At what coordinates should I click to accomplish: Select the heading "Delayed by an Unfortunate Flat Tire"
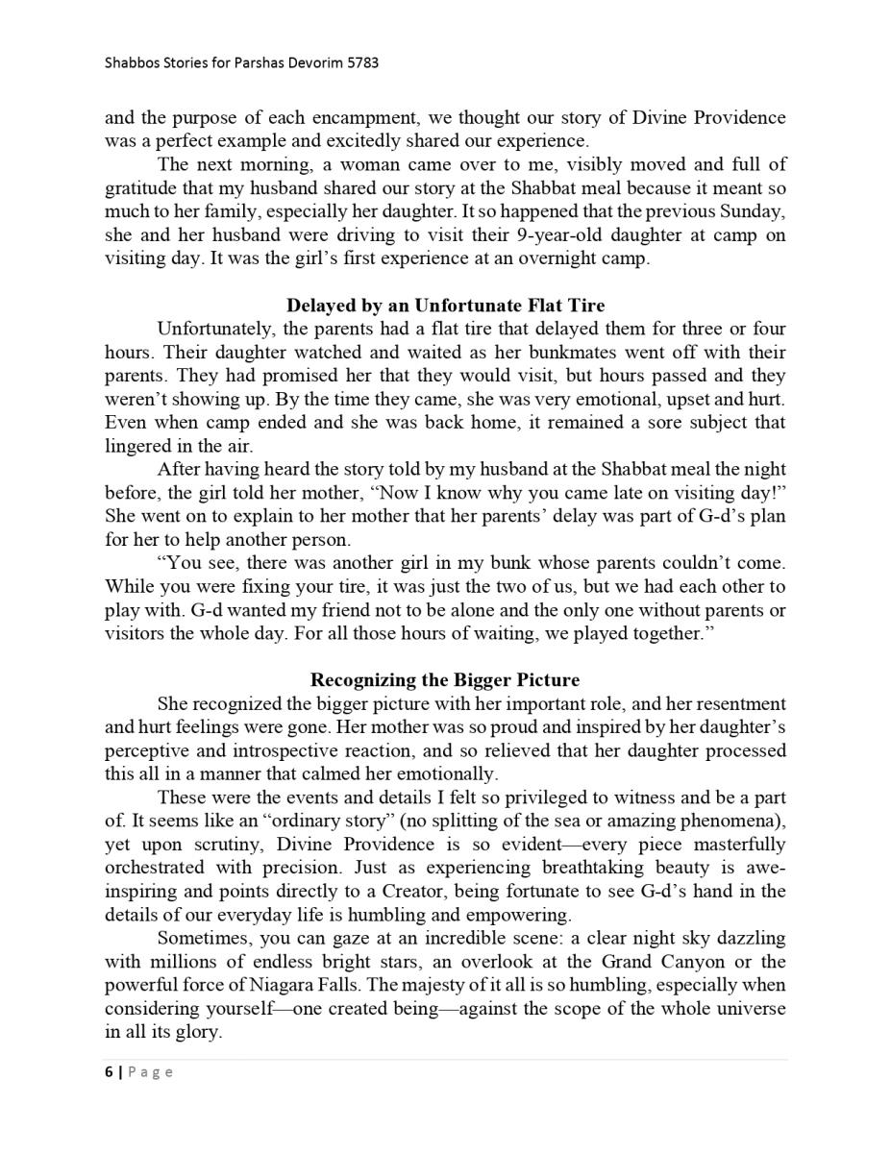[x=445, y=306]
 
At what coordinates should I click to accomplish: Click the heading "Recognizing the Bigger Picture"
[x=445, y=680]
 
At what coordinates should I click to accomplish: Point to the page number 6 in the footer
[x=109, y=1071]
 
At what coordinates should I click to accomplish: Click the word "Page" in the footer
[x=151, y=1071]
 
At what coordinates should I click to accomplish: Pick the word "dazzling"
[x=747, y=938]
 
